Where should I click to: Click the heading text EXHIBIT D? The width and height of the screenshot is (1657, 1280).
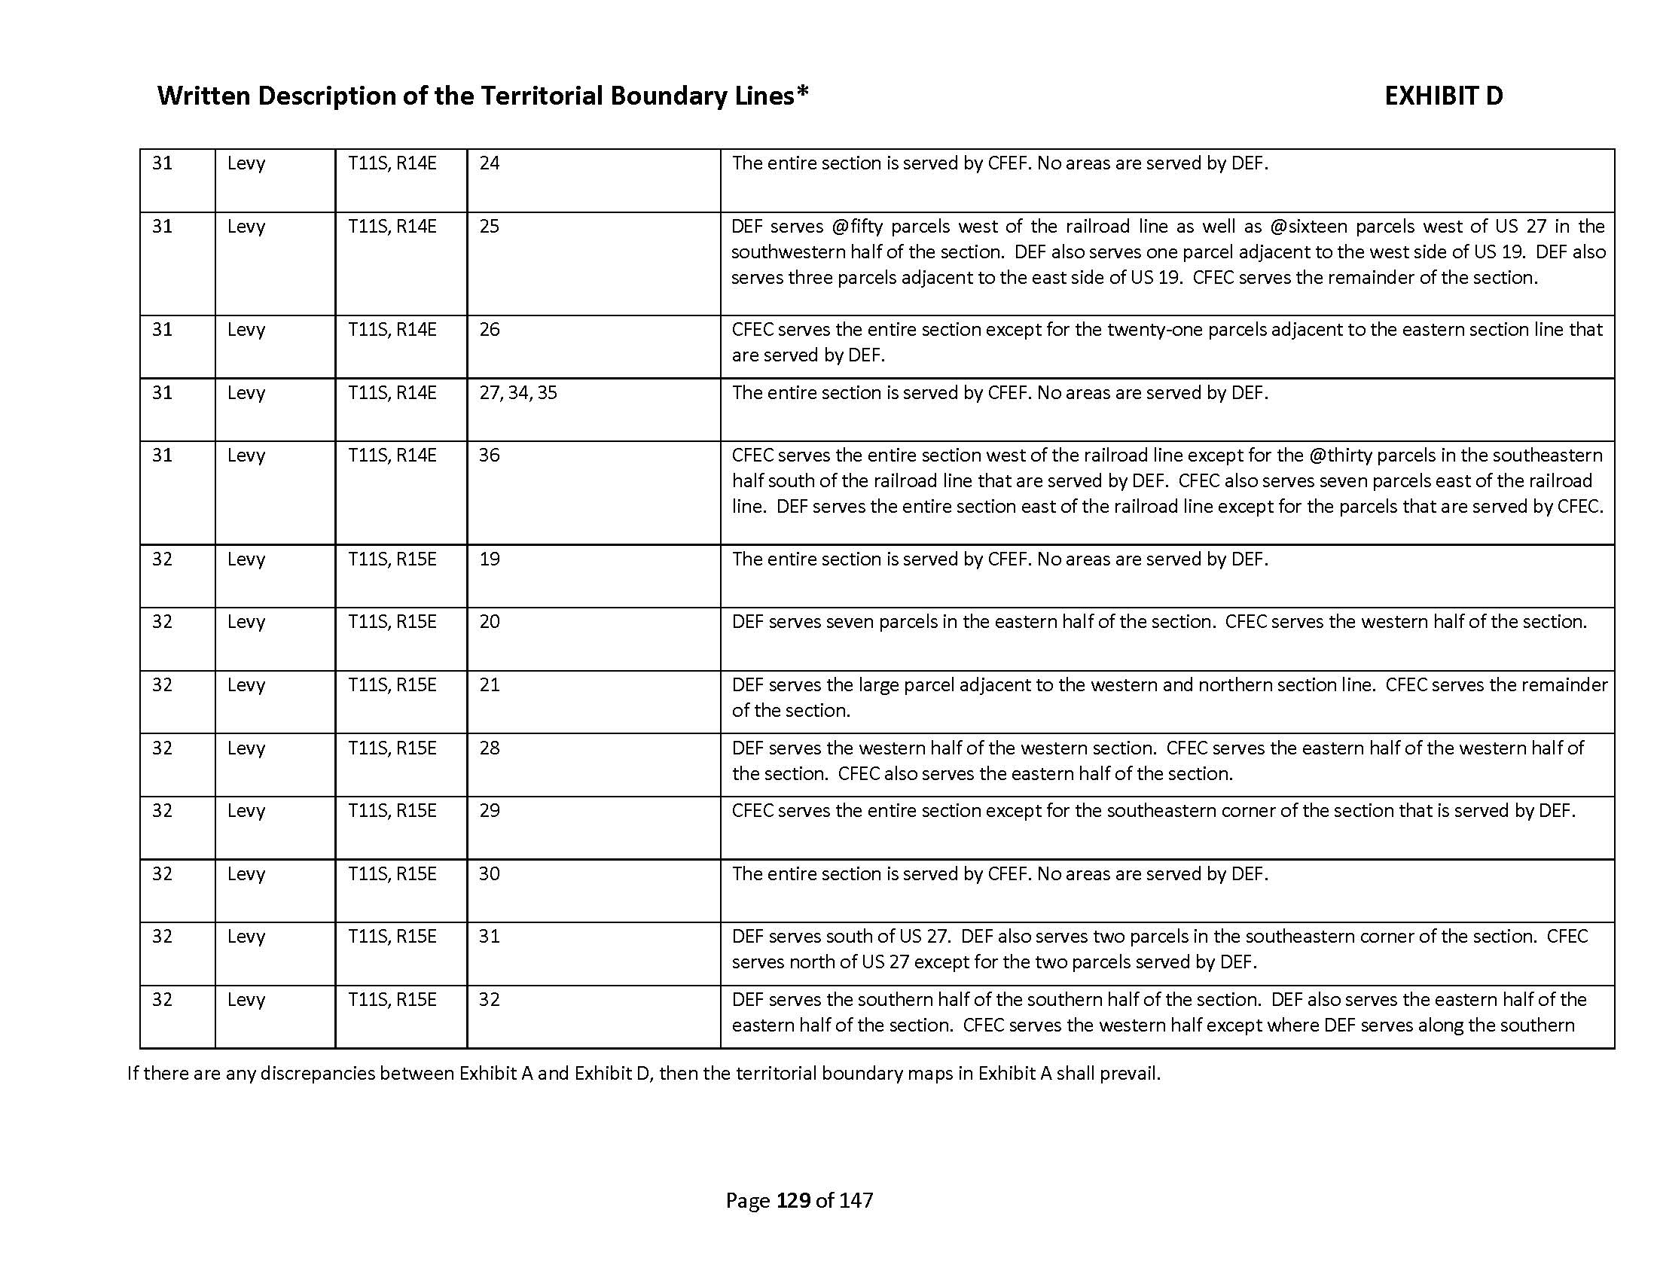[1443, 96]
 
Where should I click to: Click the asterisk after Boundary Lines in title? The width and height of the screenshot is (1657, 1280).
[803, 93]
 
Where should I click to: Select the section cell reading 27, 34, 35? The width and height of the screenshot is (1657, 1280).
[518, 393]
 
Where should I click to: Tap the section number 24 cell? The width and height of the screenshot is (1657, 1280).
[490, 163]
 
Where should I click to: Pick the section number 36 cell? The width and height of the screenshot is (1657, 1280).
[490, 455]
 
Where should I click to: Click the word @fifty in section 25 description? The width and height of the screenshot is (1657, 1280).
[856, 226]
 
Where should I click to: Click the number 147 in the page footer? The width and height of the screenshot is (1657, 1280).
[856, 1199]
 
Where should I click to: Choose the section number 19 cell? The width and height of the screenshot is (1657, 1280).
[490, 559]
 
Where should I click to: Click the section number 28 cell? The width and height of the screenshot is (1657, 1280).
[490, 748]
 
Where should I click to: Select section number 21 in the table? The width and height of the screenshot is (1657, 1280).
[490, 684]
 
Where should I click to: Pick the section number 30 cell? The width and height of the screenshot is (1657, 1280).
[490, 873]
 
